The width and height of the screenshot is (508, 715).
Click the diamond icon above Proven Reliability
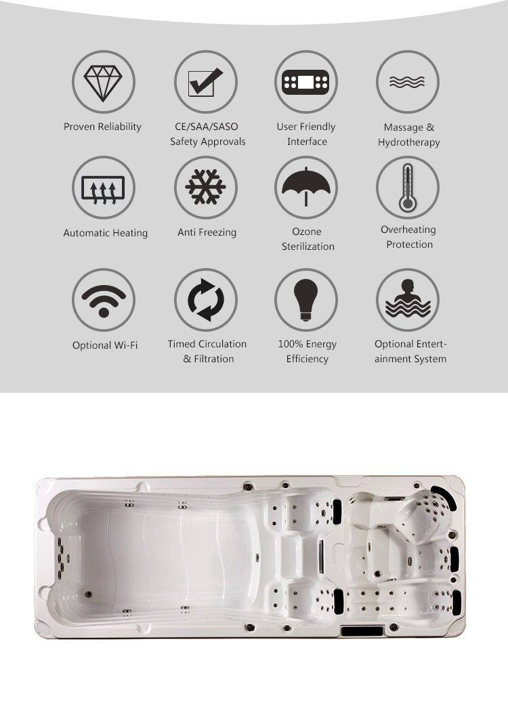(103, 83)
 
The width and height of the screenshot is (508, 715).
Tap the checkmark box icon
(205, 82)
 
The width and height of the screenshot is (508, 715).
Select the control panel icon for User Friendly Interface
(305, 82)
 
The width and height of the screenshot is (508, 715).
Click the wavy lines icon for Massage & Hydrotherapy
(407, 82)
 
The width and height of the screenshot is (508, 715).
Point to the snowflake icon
(205, 187)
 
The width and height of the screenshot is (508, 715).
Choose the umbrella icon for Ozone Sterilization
(306, 186)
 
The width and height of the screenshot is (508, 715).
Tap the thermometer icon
(407, 188)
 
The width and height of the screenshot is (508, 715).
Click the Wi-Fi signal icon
(104, 301)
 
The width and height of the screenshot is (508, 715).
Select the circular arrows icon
(206, 299)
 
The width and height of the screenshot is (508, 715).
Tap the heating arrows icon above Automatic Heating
(103, 188)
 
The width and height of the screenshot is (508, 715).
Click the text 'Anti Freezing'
(207, 232)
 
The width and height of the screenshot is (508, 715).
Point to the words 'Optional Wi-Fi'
(105, 345)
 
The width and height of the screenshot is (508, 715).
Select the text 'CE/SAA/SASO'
(207, 127)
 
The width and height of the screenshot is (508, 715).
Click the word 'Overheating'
(408, 230)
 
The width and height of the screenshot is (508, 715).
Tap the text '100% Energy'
(307, 344)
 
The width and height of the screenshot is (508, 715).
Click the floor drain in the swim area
(87, 594)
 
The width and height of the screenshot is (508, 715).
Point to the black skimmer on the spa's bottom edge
(362, 632)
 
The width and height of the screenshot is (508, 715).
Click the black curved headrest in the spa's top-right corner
(444, 498)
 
